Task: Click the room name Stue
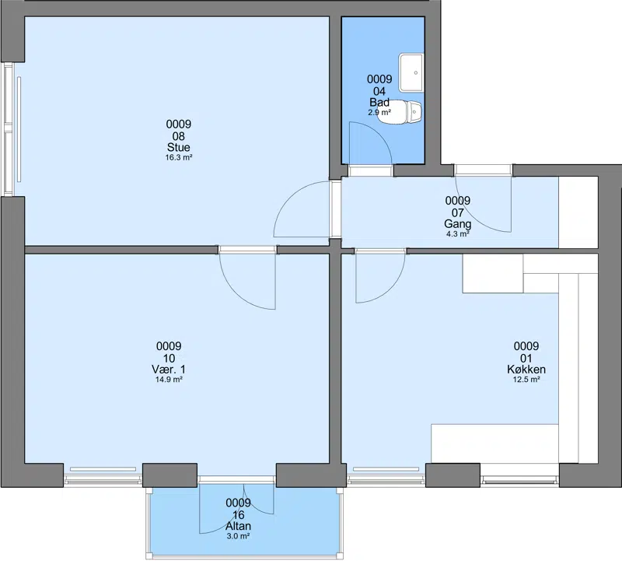179,147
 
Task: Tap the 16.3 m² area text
179,158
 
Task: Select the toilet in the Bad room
400,111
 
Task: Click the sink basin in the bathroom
411,72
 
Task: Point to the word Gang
458,224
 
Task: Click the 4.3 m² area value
458,234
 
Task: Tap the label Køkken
526,370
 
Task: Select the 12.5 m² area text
526,380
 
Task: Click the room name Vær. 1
169,370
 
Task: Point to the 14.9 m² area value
169,380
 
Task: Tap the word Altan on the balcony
239,526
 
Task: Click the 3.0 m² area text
239,536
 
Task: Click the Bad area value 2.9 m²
379,112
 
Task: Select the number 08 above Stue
179,137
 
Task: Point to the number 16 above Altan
239,515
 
